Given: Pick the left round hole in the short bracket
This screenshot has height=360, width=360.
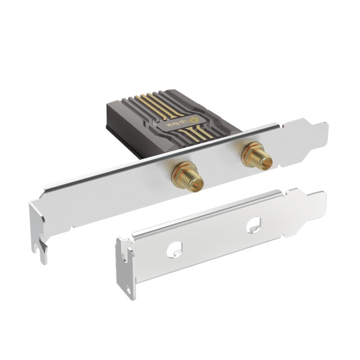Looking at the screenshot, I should coord(176,246).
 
